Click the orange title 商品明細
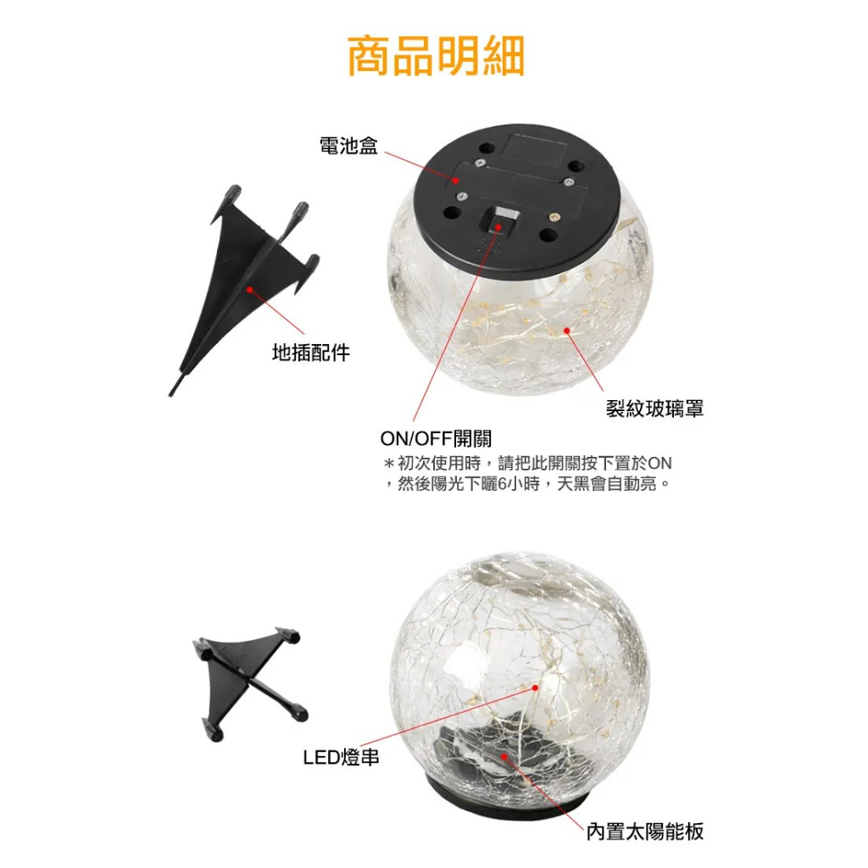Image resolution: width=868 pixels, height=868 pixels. (436, 56)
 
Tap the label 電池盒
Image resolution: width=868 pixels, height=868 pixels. (348, 146)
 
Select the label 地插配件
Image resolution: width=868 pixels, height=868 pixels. (311, 352)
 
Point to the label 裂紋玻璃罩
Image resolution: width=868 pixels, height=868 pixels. (654, 409)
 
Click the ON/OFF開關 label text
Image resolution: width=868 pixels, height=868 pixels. (436, 438)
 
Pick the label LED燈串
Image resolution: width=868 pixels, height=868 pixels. (341, 757)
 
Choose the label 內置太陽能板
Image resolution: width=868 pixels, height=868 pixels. (645, 831)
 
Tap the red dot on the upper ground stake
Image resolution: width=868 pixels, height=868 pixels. (250, 289)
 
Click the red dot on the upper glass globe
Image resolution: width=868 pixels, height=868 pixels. (567, 331)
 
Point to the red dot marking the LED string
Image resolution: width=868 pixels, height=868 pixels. (536, 687)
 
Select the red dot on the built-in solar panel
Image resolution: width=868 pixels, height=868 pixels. (504, 756)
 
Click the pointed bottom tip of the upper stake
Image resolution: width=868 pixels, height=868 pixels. (170, 395)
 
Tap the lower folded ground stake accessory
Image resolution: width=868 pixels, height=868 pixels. (249, 684)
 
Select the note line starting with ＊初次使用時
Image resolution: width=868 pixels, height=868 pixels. (527, 463)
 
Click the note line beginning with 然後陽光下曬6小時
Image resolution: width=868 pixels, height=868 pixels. (527, 484)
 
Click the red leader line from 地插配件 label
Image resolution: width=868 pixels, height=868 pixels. (277, 312)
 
